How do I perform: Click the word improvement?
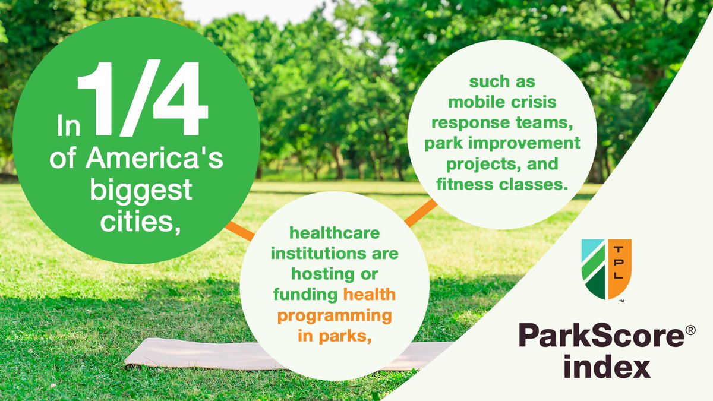538,143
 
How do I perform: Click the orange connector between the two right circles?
421,212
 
